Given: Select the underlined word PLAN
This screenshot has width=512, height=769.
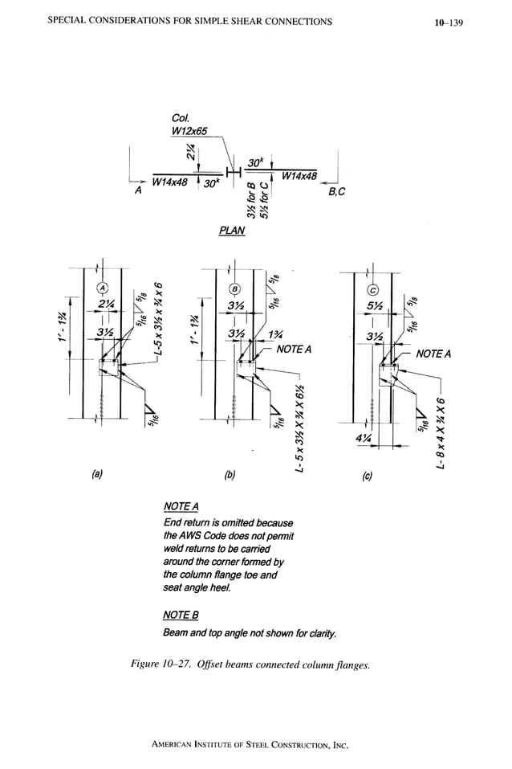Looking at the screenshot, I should (231, 231).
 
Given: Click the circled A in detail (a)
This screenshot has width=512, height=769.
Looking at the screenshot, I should (104, 288).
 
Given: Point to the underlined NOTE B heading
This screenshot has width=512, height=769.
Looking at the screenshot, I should (180, 615).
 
